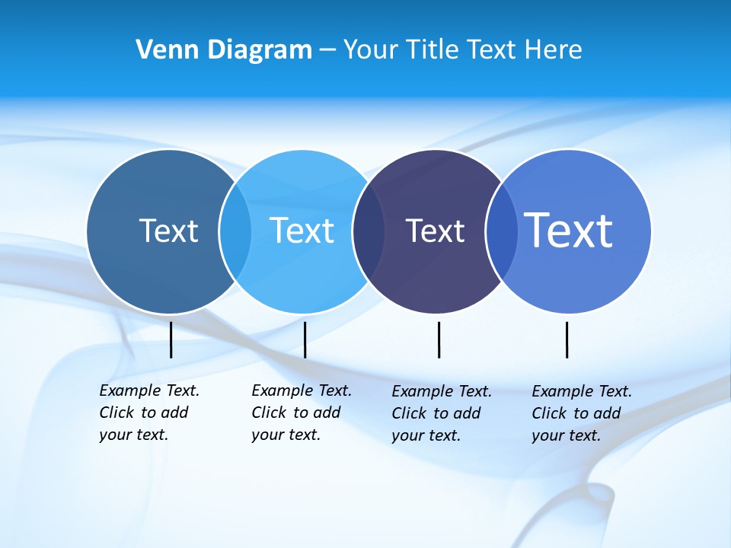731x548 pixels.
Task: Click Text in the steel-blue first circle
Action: [x=168, y=231]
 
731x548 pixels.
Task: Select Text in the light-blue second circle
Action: [x=302, y=231]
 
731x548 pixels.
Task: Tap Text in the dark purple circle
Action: [x=435, y=231]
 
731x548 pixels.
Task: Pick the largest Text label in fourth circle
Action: [x=569, y=231]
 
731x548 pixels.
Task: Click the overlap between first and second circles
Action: [x=235, y=231]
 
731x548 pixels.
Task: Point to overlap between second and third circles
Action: [x=369, y=231]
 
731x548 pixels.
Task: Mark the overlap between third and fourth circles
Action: [x=501, y=231]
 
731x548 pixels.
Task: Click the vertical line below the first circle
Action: [x=171, y=339]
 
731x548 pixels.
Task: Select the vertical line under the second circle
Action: [x=305, y=339]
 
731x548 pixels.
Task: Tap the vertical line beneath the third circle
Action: [x=439, y=339]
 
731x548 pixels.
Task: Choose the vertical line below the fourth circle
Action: [x=567, y=339]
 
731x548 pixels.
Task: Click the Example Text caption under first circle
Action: [x=148, y=413]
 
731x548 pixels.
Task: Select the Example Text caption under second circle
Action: [x=301, y=413]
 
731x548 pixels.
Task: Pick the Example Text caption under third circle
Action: [x=441, y=413]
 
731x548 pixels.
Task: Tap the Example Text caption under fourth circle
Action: [x=581, y=413]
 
